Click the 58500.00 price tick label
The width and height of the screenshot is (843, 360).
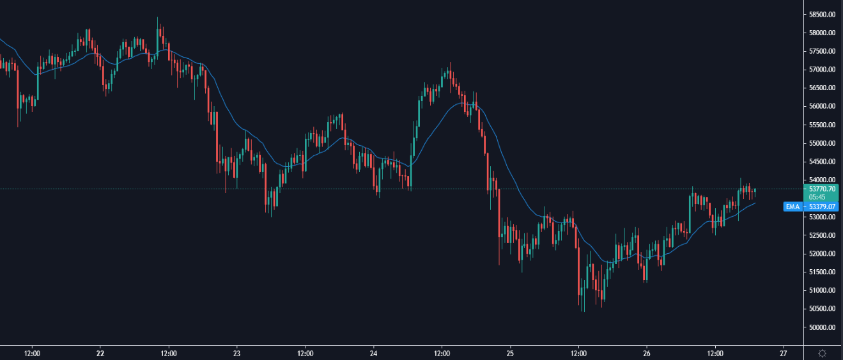(x=821, y=14)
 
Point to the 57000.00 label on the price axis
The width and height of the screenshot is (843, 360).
(x=821, y=69)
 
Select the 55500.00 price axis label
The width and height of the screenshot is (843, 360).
(x=821, y=125)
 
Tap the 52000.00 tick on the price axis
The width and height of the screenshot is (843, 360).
(x=821, y=254)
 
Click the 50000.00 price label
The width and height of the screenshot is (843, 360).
(x=821, y=327)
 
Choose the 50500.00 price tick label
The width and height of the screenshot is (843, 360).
(x=821, y=309)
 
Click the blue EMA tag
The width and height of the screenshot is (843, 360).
(x=793, y=207)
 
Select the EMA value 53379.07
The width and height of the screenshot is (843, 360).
(x=821, y=207)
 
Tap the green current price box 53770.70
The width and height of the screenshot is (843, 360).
(x=821, y=189)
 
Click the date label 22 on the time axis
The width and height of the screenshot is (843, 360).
(x=100, y=353)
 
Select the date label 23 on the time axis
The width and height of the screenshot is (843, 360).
(x=236, y=353)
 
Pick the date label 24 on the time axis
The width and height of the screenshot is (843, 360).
(x=374, y=353)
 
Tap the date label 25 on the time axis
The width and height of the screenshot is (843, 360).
(x=510, y=353)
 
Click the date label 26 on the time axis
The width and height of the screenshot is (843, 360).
(x=647, y=353)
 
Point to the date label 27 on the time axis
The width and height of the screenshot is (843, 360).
(x=784, y=353)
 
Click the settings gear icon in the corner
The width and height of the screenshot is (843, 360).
(x=822, y=353)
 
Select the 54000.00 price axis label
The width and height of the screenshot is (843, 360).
(x=821, y=180)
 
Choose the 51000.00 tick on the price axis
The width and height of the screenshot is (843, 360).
(x=821, y=290)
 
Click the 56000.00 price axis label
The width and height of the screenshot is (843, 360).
(x=821, y=106)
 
